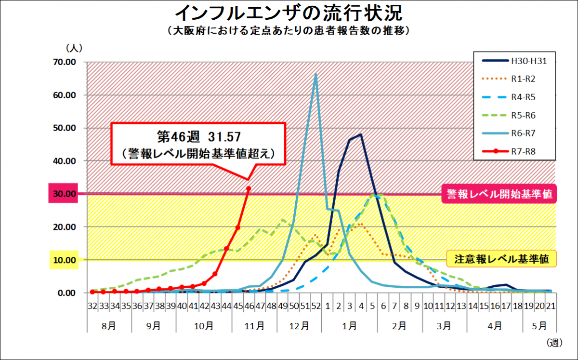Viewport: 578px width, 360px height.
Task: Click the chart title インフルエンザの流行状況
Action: pos(289,13)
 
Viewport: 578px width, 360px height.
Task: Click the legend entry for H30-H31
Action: pos(529,61)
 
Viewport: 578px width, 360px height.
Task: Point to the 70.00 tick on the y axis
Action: pos(65,62)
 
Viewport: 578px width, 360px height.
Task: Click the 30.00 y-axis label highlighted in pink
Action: pos(65,194)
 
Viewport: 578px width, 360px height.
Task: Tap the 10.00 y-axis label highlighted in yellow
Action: pos(65,260)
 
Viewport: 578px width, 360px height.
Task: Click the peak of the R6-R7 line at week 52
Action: pos(316,74)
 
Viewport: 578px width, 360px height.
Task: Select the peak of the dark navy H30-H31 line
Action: pos(361,135)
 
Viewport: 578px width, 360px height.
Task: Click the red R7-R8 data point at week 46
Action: pos(249,188)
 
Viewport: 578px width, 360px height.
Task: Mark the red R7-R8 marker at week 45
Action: pos(237,227)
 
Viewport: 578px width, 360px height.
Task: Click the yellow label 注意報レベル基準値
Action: pos(502,259)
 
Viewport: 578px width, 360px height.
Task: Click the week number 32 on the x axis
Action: pos(92,306)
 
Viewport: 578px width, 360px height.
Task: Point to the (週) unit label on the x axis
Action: pos(554,343)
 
